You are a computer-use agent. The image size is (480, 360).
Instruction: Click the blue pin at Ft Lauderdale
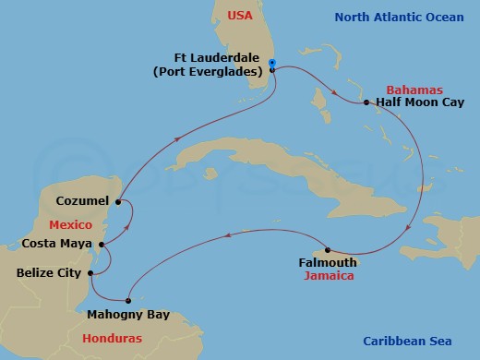pos(272,66)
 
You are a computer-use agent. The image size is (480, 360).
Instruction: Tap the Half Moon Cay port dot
pos(366,102)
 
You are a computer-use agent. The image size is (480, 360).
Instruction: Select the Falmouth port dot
pos(328,250)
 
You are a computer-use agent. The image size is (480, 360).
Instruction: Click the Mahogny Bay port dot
pos(129,300)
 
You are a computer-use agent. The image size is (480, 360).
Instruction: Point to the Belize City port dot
pos(90,273)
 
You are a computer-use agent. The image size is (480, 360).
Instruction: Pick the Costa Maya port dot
pos(103,245)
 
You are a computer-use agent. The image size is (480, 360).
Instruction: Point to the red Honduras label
pos(113,339)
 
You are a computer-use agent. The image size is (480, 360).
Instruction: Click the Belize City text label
pos(48,273)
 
